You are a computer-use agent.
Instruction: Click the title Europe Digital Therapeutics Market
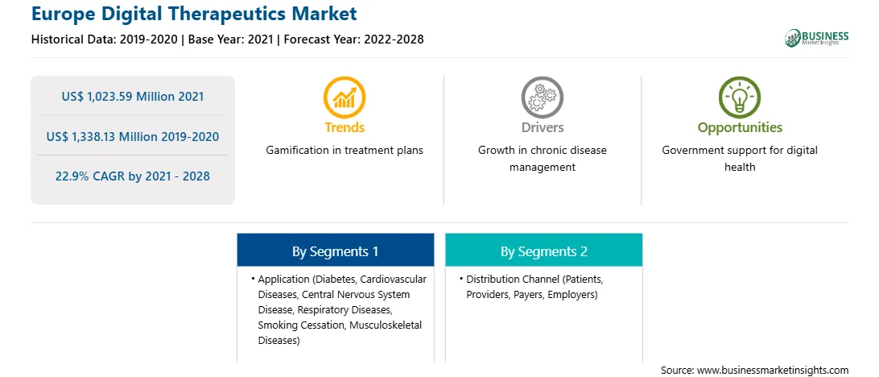[194, 14]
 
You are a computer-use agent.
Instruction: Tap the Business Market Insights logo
[817, 38]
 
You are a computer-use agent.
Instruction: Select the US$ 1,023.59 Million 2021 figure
[133, 97]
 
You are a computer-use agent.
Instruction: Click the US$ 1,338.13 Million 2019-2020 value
[133, 136]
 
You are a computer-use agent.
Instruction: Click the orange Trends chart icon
[345, 97]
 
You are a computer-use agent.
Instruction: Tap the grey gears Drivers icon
[542, 97]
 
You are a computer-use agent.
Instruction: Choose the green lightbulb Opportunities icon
[740, 97]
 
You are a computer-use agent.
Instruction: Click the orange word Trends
[345, 127]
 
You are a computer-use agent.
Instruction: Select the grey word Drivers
[542, 127]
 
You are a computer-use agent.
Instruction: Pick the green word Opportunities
[740, 128]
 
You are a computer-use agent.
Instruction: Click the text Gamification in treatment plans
[345, 151]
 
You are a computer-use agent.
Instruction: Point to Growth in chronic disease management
[542, 159]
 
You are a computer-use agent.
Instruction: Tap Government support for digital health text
[740, 159]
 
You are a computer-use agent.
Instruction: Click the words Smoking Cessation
[300, 325]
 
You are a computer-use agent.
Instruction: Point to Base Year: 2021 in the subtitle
[230, 39]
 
